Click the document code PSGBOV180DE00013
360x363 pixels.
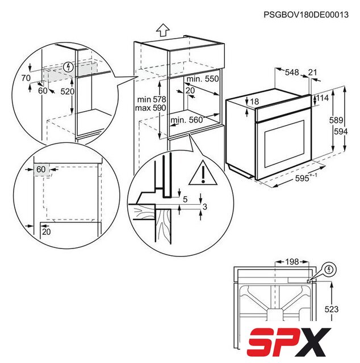coord(305,15)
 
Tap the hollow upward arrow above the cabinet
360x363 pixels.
coord(163,30)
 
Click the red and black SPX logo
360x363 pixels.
coord(289,343)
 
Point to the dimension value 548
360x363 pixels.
coord(292,73)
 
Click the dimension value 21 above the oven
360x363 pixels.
coord(312,73)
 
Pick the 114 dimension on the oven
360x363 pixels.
coord(323,98)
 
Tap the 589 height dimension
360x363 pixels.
coord(336,120)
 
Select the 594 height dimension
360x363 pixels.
coord(341,132)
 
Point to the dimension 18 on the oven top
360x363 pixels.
coord(254,102)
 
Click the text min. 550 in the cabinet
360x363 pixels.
coord(203,79)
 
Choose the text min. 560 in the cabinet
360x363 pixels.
coord(187,120)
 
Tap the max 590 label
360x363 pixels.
coord(150,108)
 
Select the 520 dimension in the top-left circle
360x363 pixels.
coord(68,92)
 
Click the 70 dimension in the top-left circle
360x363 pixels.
coord(26,78)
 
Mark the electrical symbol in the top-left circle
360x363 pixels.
coord(68,67)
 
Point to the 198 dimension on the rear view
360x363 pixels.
coord(292,262)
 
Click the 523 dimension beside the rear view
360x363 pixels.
coord(332,309)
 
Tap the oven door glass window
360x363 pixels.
coord(284,143)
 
